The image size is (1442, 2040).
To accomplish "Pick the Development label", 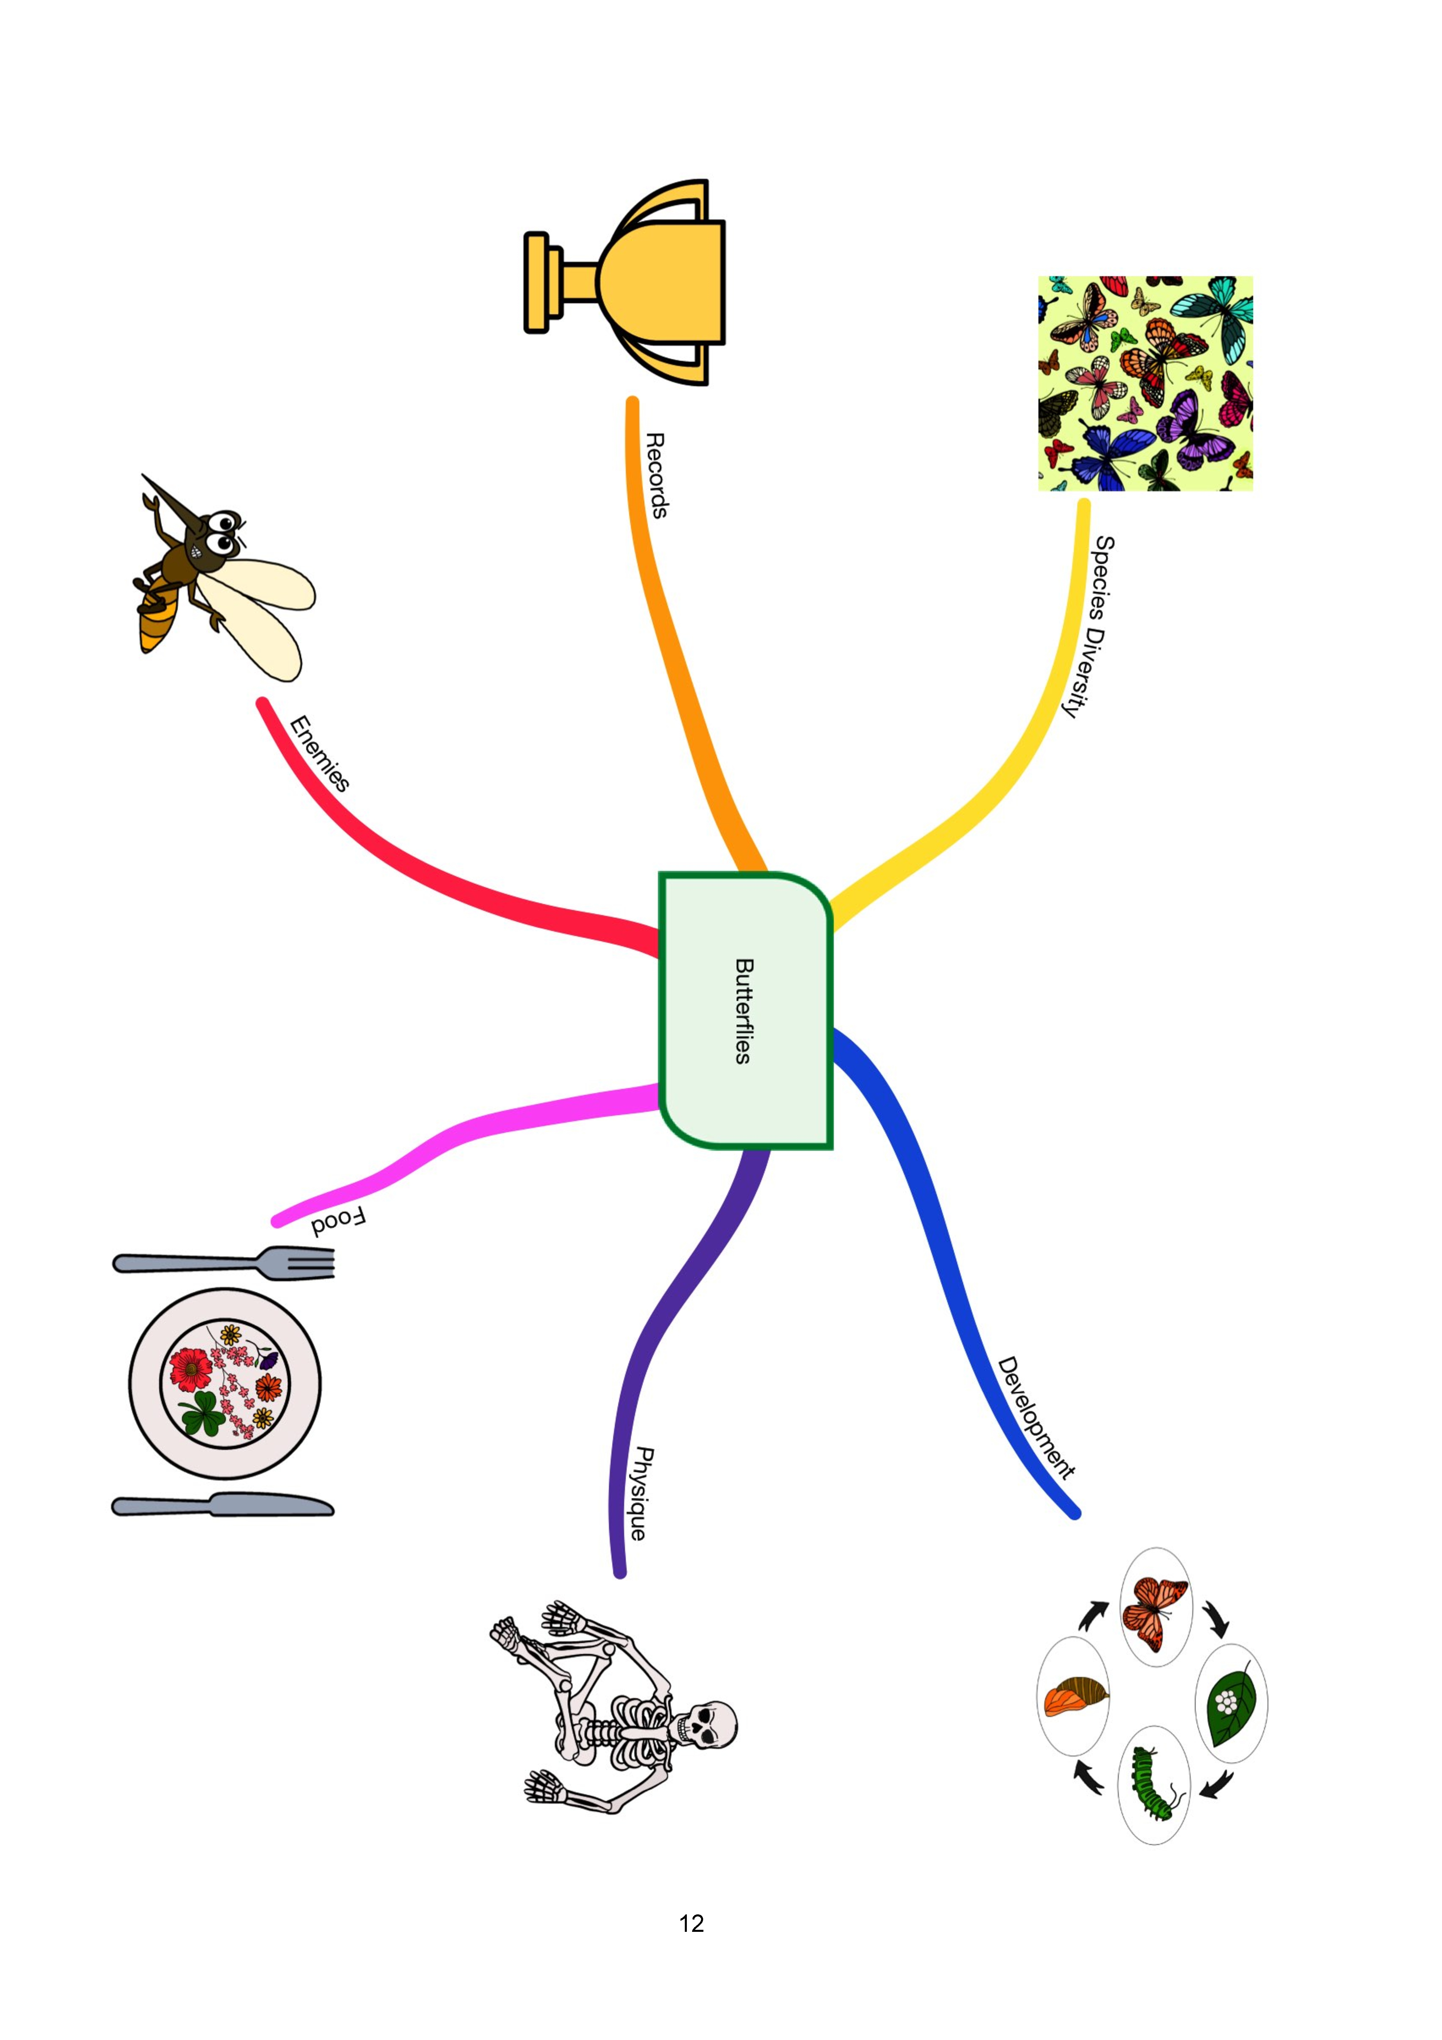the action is (x=1036, y=1418).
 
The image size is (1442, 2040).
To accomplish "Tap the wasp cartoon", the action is (x=224, y=577).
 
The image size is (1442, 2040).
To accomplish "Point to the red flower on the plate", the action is (x=190, y=1369).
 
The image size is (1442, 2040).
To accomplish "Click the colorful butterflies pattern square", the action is (x=1145, y=383).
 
